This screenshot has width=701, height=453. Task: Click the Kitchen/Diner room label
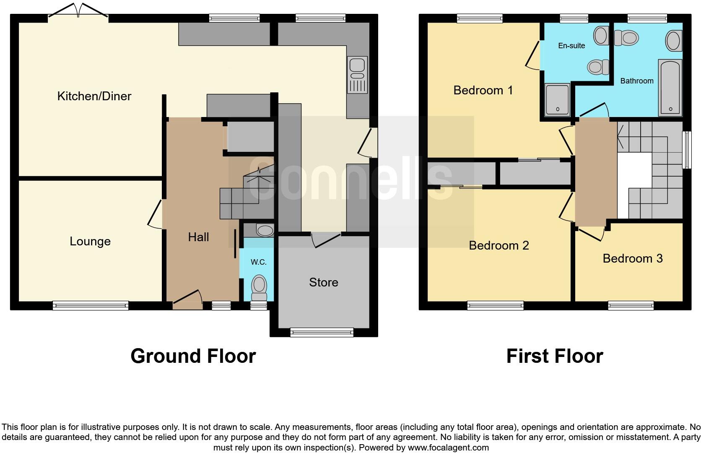(x=94, y=96)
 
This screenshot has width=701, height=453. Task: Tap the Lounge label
(x=90, y=241)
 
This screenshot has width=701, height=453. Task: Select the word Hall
(x=198, y=237)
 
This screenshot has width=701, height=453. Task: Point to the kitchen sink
(x=357, y=75)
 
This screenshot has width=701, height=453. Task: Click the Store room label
(x=323, y=282)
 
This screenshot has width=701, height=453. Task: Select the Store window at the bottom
(x=322, y=333)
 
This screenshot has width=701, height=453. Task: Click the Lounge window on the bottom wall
(x=91, y=306)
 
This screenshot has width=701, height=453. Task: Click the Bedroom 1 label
(x=483, y=90)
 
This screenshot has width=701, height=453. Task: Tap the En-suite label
(x=571, y=46)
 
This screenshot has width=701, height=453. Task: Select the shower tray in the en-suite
(x=557, y=99)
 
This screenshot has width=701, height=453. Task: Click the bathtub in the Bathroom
(x=670, y=87)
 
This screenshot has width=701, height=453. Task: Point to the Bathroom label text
(x=636, y=81)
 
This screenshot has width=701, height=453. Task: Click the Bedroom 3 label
(x=632, y=258)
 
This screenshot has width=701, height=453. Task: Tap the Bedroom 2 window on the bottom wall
(x=495, y=306)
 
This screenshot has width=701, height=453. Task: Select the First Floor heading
(x=554, y=356)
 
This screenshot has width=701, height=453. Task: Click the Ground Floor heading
(x=193, y=356)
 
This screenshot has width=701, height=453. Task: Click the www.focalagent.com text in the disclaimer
(x=448, y=448)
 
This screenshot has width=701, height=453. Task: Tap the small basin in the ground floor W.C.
(x=265, y=230)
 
